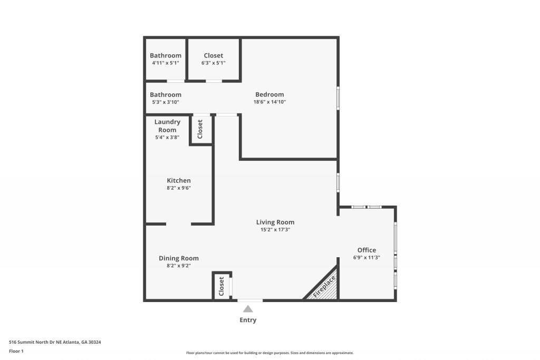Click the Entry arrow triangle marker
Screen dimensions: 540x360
pyautogui.click(x=248, y=309)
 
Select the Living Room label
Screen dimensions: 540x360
pyautogui.click(x=275, y=222)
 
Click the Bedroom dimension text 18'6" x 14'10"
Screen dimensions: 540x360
pyautogui.click(x=269, y=102)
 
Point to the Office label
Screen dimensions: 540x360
pyautogui.click(x=367, y=250)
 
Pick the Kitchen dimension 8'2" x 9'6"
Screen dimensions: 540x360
pyautogui.click(x=179, y=188)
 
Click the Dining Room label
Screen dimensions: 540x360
pyautogui.click(x=179, y=258)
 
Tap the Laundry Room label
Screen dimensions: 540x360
pyautogui.click(x=167, y=125)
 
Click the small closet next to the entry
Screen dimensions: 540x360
pyautogui.click(x=221, y=286)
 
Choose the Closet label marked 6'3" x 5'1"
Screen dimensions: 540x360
pyautogui.click(x=214, y=55)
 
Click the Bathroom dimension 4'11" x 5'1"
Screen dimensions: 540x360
pyautogui.click(x=166, y=63)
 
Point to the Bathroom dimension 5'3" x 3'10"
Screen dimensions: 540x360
pyautogui.click(x=166, y=102)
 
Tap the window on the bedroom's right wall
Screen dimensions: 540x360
pyautogui.click(x=338, y=98)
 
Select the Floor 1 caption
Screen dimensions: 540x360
pyautogui.click(x=16, y=351)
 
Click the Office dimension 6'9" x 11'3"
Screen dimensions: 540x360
pyautogui.click(x=367, y=257)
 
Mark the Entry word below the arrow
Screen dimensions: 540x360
pyautogui.click(x=248, y=320)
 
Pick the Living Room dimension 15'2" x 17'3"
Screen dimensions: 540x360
pyautogui.click(x=275, y=230)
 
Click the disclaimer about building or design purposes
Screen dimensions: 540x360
pyautogui.click(x=270, y=353)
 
